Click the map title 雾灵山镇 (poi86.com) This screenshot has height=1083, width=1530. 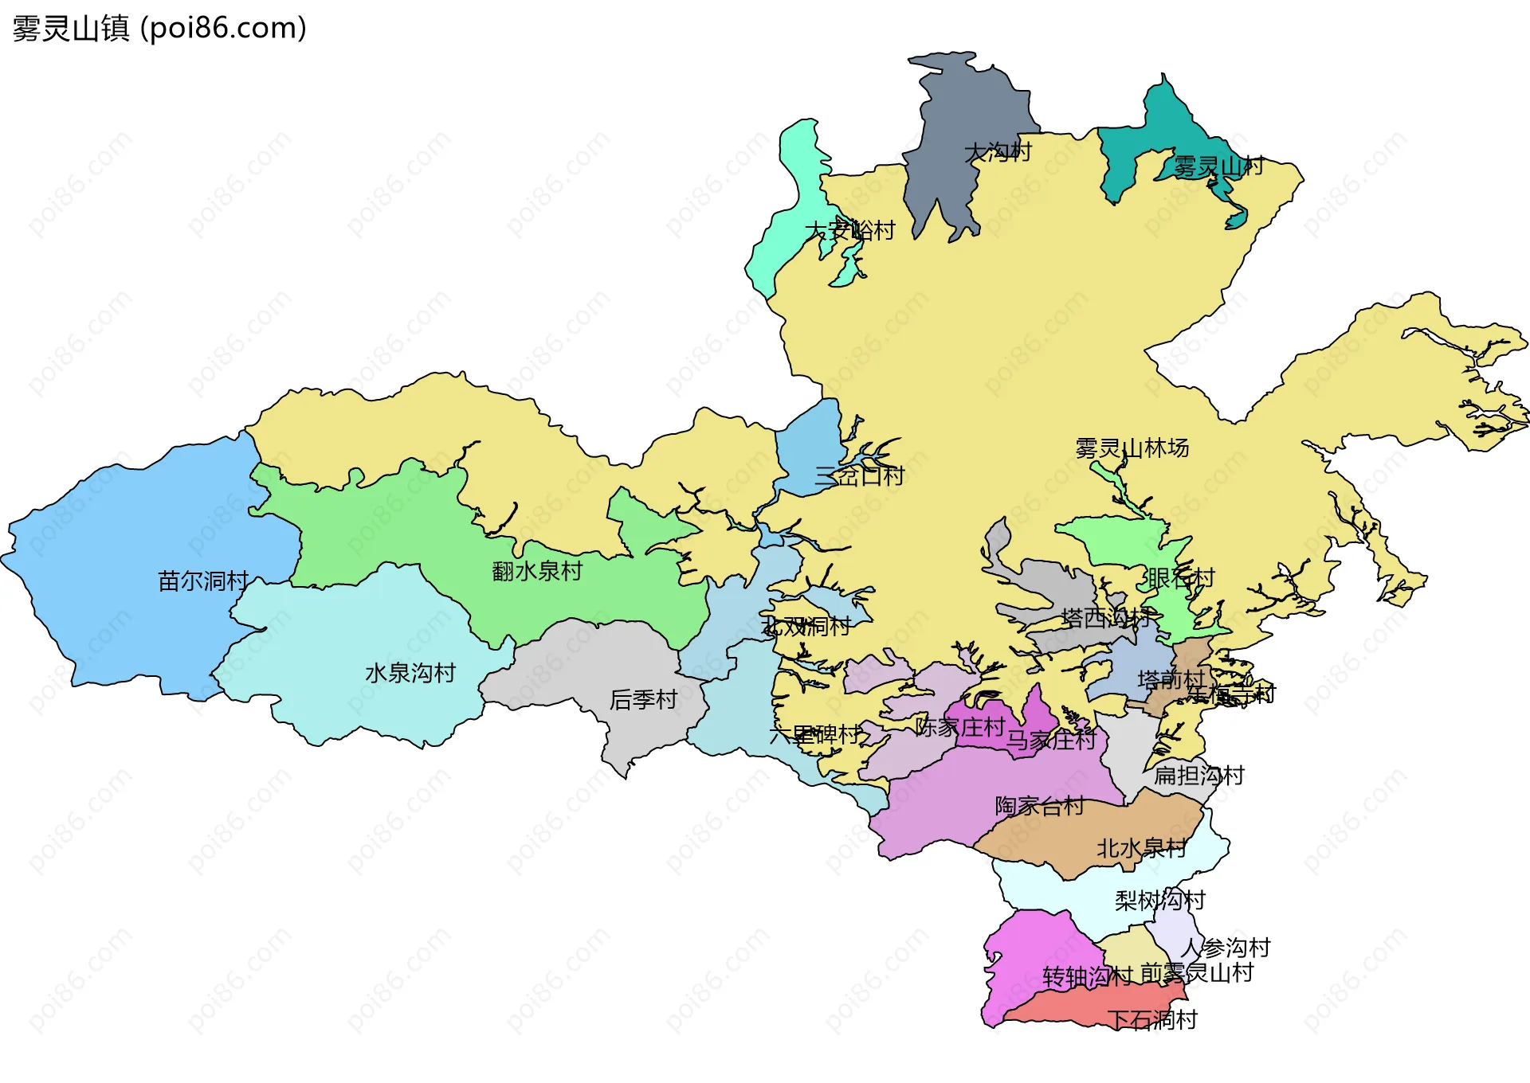click(159, 29)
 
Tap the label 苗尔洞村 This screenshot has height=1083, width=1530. click(203, 581)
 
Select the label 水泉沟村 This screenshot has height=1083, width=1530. click(410, 674)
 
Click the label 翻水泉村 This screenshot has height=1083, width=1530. click(537, 571)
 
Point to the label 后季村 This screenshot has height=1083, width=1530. click(643, 700)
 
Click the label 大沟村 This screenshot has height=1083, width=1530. click(998, 151)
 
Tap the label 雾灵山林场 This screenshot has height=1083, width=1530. click(1132, 448)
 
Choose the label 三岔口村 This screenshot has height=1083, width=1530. click(859, 476)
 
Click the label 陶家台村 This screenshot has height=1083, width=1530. click(1039, 807)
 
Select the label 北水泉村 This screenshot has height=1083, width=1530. click(1141, 849)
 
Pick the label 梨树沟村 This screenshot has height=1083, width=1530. click(1159, 901)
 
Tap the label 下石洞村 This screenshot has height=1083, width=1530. click(1152, 1020)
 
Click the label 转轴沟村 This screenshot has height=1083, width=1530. click(1087, 977)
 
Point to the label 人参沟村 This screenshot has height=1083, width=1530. click(1226, 948)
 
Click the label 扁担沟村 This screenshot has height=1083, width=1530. click(1199, 776)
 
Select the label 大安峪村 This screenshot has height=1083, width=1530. click(849, 231)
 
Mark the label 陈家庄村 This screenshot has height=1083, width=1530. click(959, 727)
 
